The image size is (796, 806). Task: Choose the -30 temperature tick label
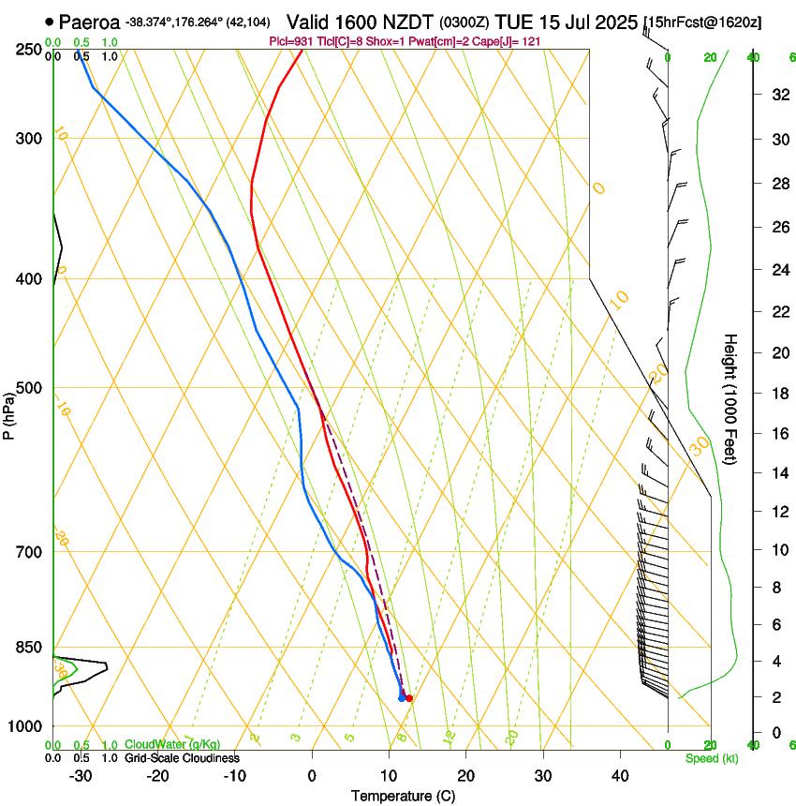point(81,776)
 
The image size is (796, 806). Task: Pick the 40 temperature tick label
point(620,776)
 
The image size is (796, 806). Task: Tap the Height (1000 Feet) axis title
point(730,399)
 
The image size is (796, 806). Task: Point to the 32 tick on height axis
point(777,94)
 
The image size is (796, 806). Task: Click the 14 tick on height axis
point(777,474)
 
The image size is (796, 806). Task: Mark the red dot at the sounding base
point(409,698)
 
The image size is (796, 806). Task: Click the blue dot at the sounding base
point(402,698)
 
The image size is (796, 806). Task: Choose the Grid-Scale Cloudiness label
point(182,758)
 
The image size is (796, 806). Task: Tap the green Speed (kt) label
point(711,758)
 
